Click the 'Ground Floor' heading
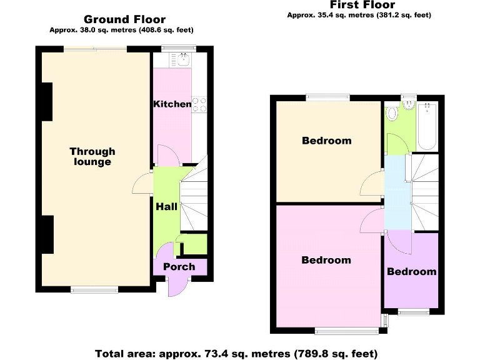(x=124, y=19)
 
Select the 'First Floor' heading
(x=362, y=5)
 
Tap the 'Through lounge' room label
(x=92, y=156)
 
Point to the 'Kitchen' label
(x=172, y=104)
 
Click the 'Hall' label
(x=166, y=206)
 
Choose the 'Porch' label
(x=179, y=267)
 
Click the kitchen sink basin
(x=183, y=60)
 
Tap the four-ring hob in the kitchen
(x=199, y=104)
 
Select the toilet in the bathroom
(x=392, y=113)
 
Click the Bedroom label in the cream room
(x=326, y=141)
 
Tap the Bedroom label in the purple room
(x=411, y=271)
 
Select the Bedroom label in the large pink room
(x=326, y=260)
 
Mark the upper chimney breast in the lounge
(x=46, y=100)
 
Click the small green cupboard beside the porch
(x=194, y=244)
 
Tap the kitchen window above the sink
(x=179, y=48)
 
